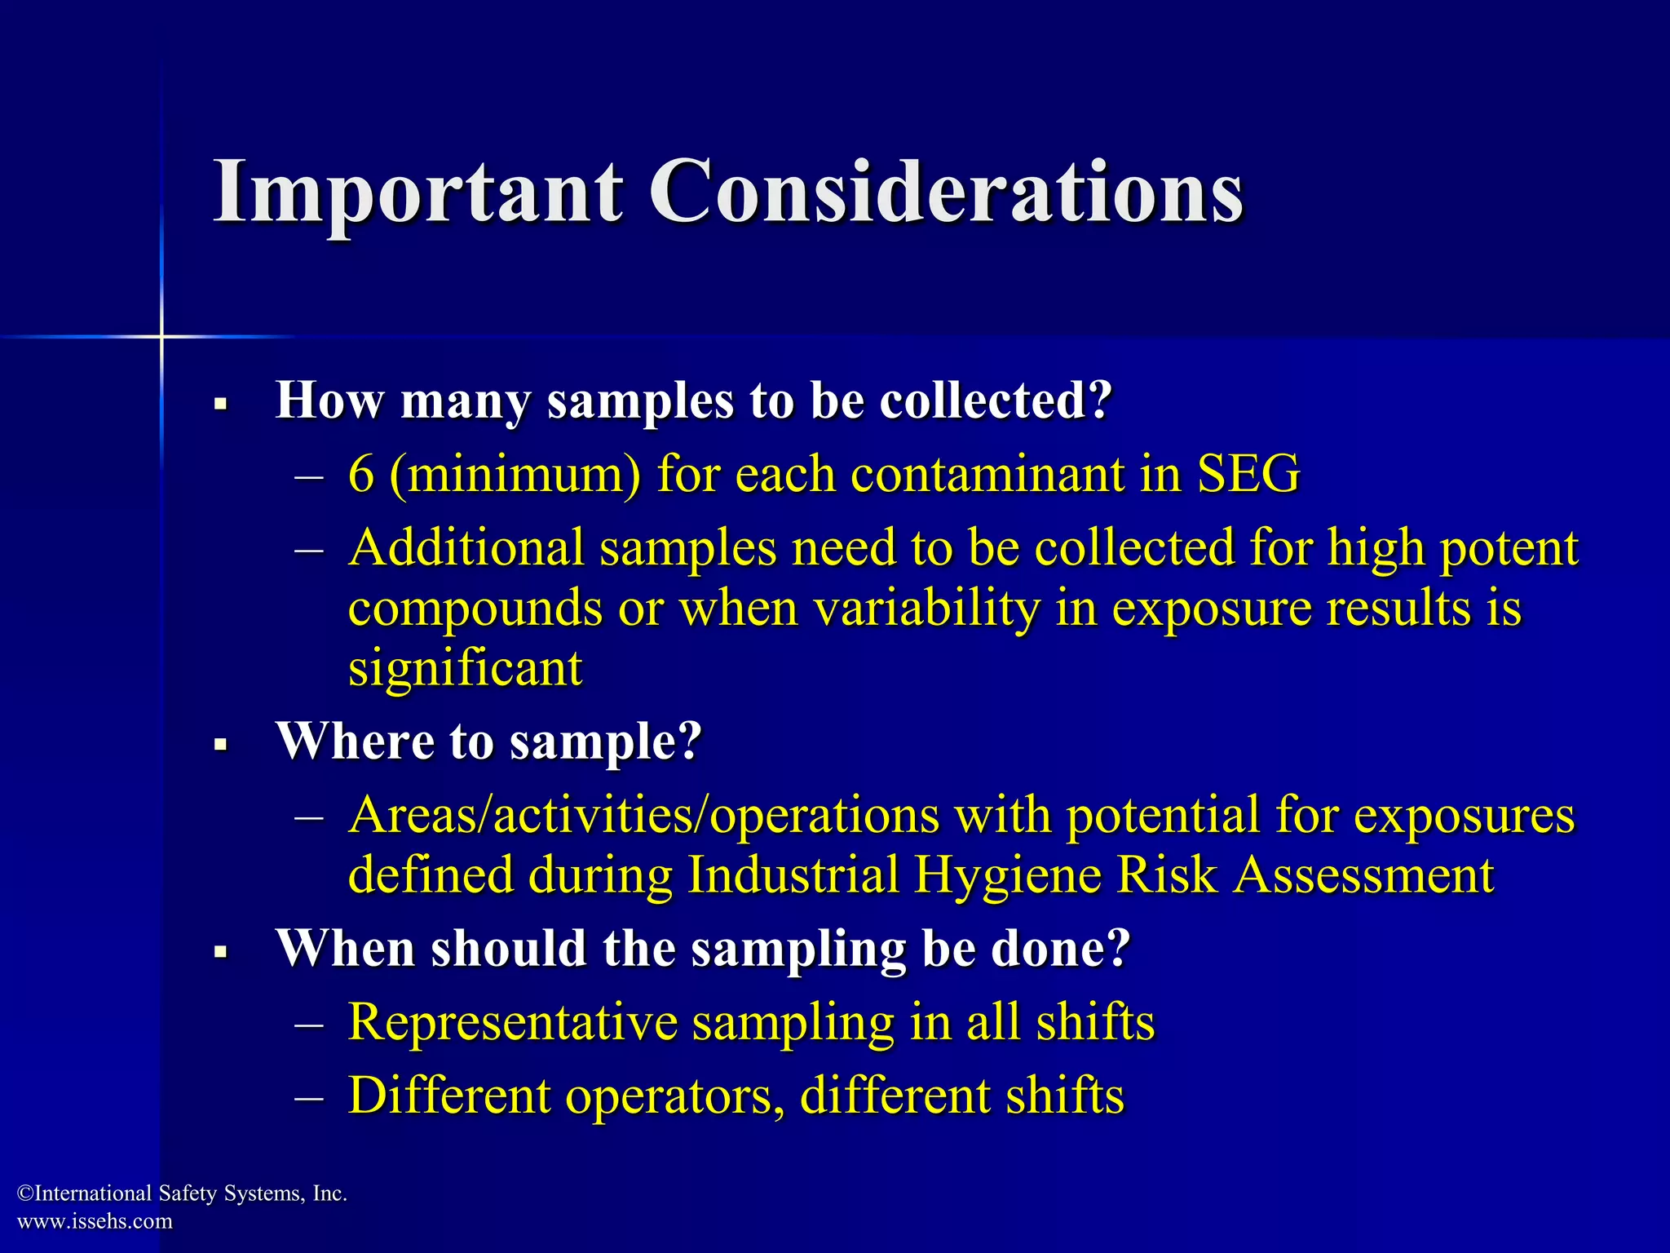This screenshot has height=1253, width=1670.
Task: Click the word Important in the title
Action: tap(417, 194)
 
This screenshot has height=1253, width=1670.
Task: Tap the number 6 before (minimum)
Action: tap(360, 474)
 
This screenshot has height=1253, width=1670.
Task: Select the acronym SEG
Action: tap(1248, 474)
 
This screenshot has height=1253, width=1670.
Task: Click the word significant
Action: tap(465, 670)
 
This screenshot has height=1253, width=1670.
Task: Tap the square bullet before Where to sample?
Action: tap(220, 744)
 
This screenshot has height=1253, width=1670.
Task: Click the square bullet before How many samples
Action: tap(220, 403)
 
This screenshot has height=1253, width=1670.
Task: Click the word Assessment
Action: tap(1363, 875)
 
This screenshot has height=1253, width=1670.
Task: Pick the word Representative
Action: tap(512, 1022)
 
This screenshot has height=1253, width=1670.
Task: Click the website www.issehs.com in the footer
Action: tap(95, 1221)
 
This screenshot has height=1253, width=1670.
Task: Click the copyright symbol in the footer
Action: tap(24, 1194)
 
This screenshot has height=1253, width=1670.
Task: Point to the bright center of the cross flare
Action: tap(161, 336)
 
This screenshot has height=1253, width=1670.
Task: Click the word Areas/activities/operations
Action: tap(643, 816)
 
